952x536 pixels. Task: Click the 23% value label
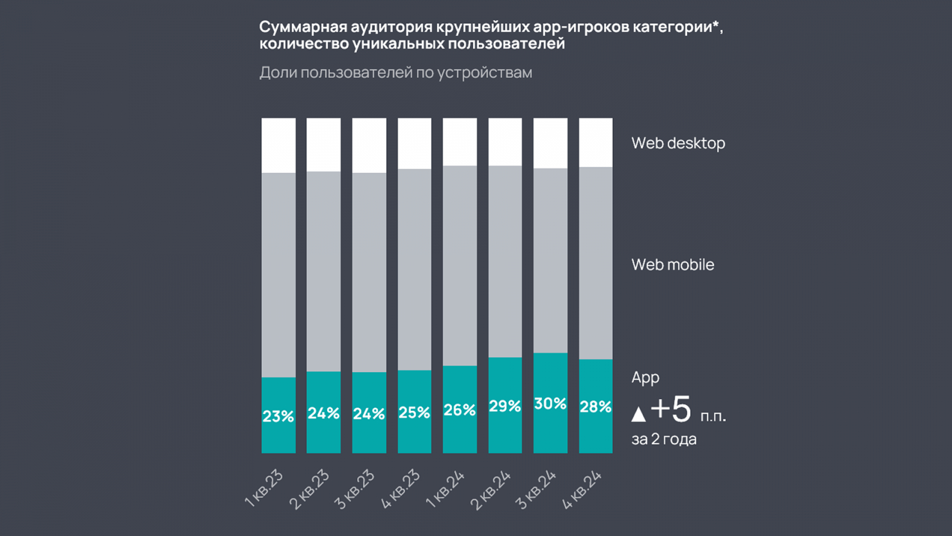point(278,416)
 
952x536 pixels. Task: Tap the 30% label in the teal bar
point(550,404)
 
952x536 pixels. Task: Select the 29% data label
point(505,406)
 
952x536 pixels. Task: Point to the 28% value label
point(595,407)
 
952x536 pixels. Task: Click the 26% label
point(459,410)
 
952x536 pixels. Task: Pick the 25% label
point(414,412)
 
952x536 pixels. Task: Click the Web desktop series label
point(678,144)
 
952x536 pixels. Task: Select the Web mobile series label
point(672,265)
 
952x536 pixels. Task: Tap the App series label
point(645,378)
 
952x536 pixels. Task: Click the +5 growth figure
point(671,410)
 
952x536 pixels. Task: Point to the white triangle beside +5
point(638,414)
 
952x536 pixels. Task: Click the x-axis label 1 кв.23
point(264,488)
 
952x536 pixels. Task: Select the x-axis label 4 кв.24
point(582,490)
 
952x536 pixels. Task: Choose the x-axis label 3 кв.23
point(355,490)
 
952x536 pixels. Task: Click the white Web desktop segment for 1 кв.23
point(278,145)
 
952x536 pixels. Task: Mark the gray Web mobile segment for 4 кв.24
point(596,263)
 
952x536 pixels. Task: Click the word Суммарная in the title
point(302,27)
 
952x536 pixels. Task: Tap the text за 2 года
point(663,440)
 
